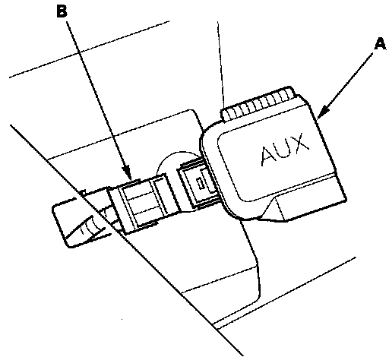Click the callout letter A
[381, 44]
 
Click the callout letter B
[62, 11]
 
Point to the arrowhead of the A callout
[323, 113]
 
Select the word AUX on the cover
[285, 150]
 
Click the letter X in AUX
[300, 142]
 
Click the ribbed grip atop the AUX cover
[258, 103]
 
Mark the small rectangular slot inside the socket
[201, 183]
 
